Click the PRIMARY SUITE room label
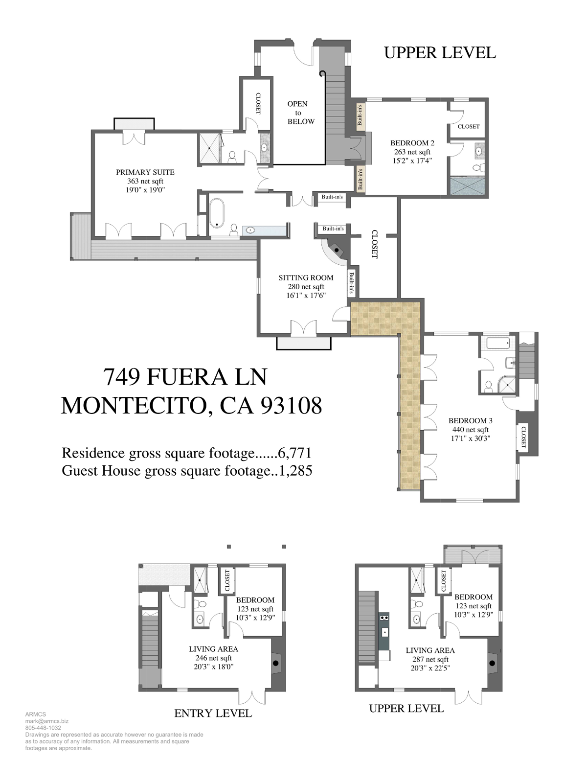(x=145, y=172)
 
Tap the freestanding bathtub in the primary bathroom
(x=217, y=213)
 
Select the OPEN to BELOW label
(x=300, y=113)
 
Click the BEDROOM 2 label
(x=412, y=143)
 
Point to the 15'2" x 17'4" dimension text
(x=412, y=161)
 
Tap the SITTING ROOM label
(x=306, y=277)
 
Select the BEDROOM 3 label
(x=470, y=420)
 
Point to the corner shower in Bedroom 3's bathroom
(x=507, y=385)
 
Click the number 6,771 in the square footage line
(x=295, y=453)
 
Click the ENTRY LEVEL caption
(x=213, y=713)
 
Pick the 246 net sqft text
(x=214, y=658)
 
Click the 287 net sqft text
(x=430, y=659)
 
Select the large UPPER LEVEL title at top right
(x=440, y=53)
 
